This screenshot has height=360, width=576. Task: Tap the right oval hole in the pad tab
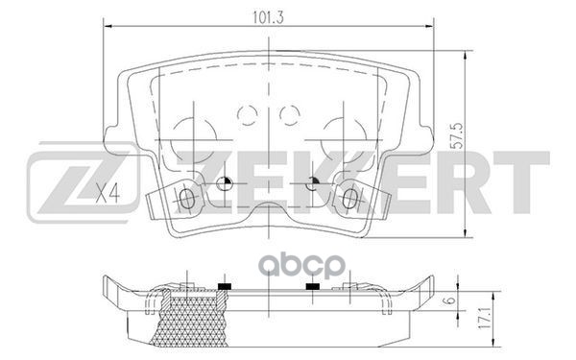coord(348,199)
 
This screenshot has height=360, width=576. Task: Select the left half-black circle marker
coord(224,185)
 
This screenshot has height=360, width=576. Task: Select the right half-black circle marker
coord(313,185)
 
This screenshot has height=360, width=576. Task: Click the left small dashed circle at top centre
coord(247,116)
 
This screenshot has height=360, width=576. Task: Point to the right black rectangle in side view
coord(312,287)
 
